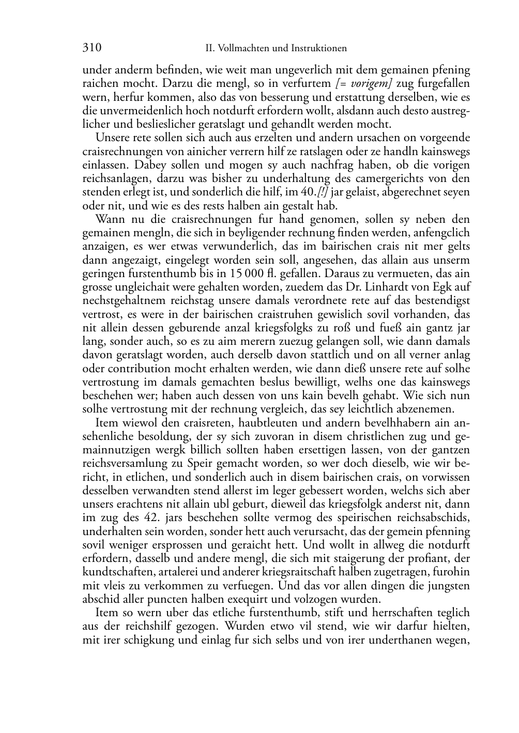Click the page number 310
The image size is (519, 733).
click(91, 48)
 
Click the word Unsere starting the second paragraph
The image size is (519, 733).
click(111, 138)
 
